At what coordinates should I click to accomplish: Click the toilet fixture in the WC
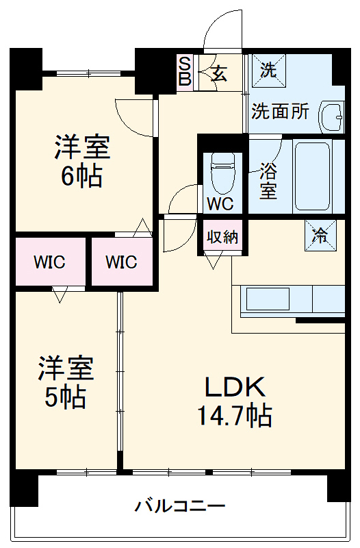coord(222,173)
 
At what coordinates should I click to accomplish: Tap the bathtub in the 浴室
coord(312,176)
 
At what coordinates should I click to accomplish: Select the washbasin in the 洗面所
coord(331,116)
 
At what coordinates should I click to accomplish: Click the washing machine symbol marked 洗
coord(269,70)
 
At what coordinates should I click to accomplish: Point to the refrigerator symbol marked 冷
coord(320,235)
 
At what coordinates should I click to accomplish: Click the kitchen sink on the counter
coord(268,299)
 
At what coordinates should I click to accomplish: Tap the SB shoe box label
coord(185,73)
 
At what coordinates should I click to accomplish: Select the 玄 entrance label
coord(220,73)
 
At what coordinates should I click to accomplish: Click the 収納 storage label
coord(222,237)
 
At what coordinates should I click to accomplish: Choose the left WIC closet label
coord(49,262)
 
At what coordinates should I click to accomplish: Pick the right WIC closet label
coord(122,262)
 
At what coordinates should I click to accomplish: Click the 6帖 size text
coord(81,176)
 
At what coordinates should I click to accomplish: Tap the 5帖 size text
coord(65,397)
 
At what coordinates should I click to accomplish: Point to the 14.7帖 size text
coord(235,415)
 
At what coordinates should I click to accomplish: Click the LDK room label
coord(235,387)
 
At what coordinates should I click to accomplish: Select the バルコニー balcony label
coord(180,506)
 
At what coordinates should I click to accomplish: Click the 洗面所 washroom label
coord(281,112)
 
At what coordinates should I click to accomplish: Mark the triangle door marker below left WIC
coord(60,295)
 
